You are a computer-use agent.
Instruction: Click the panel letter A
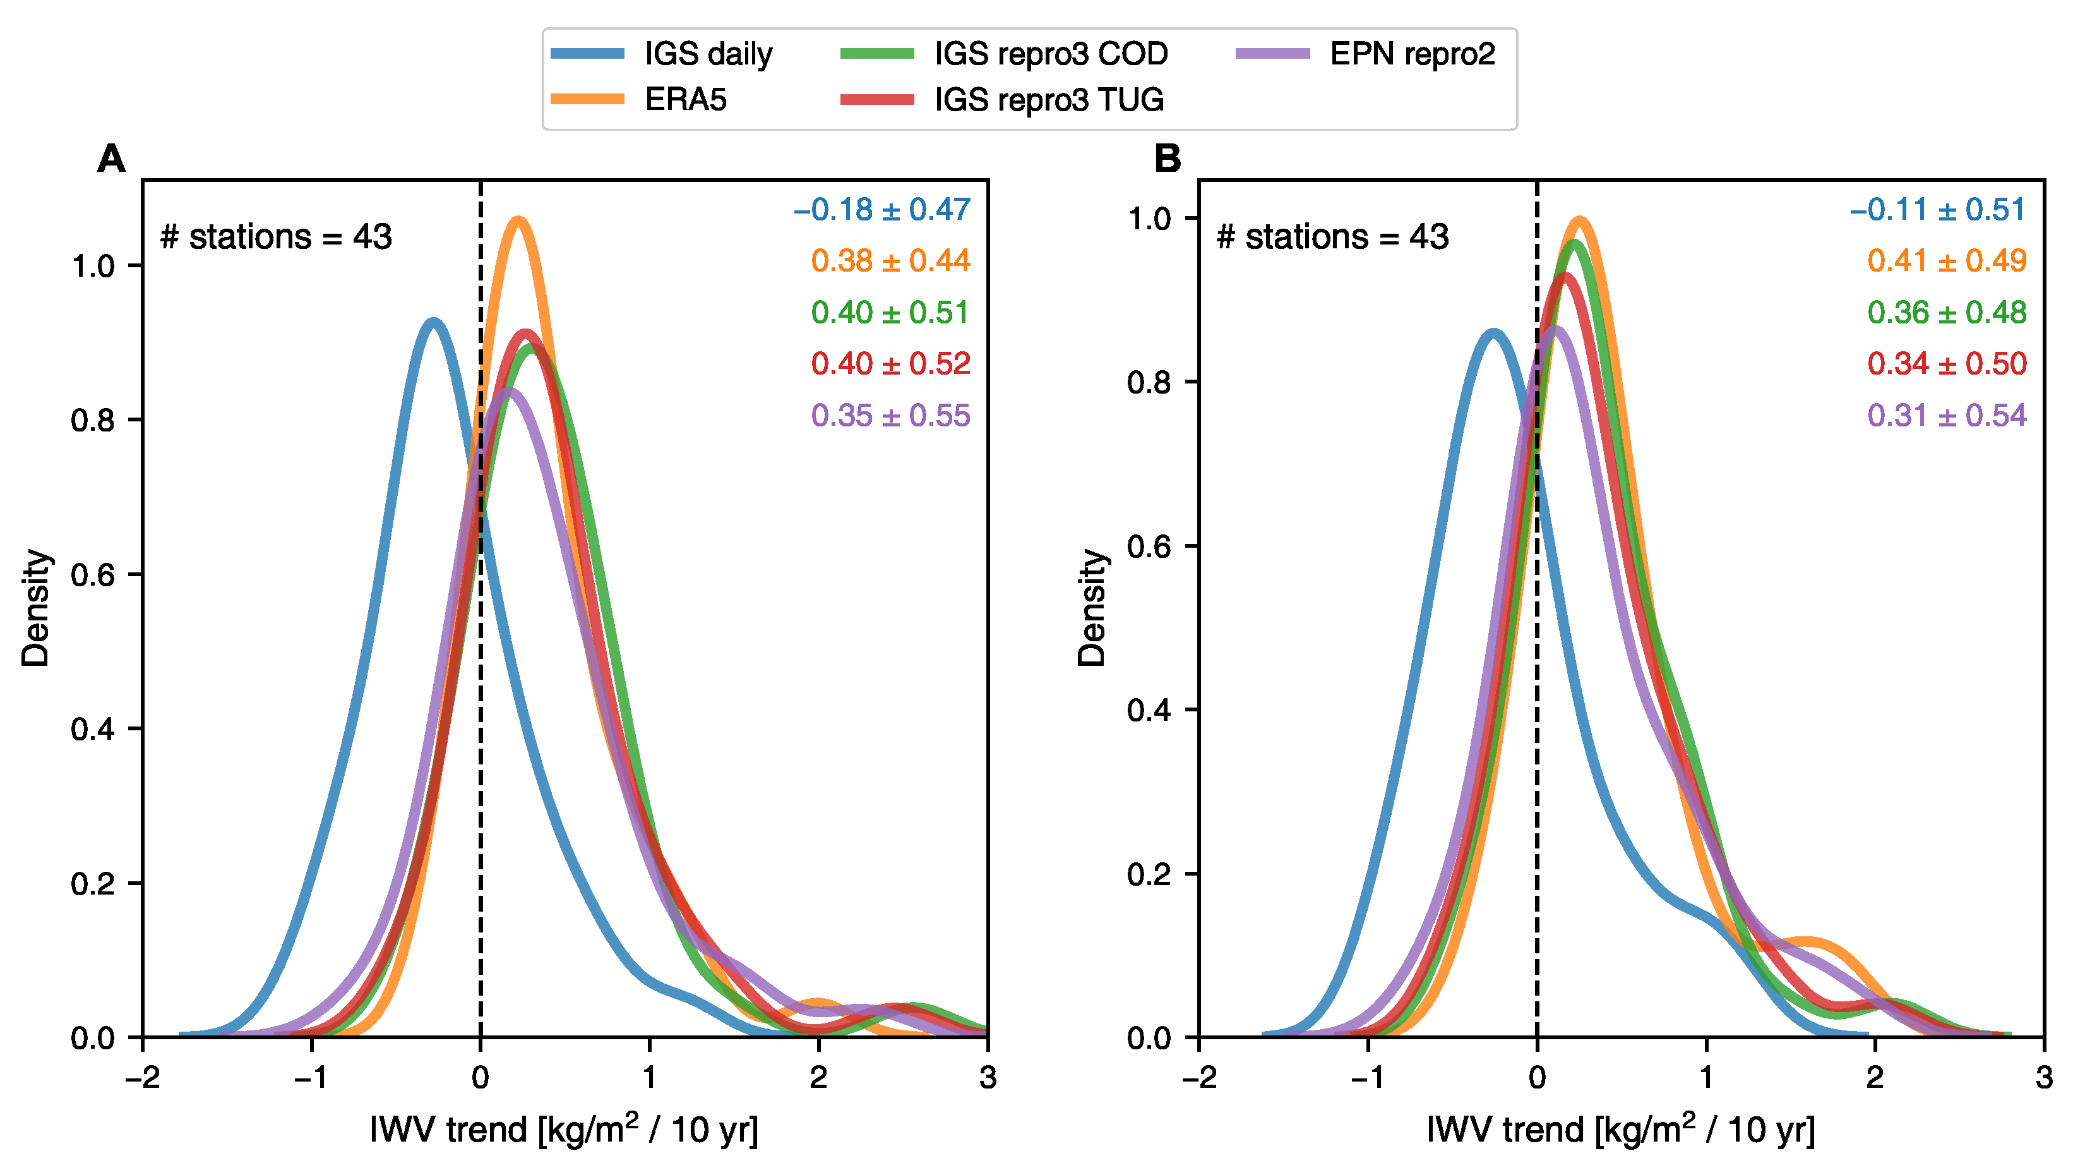(x=112, y=159)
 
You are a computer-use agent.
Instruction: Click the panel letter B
(x=1168, y=159)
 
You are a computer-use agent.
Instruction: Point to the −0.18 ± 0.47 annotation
(x=881, y=210)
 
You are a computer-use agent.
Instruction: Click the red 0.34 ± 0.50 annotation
(x=1945, y=364)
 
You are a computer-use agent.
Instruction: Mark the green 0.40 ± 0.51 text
(x=890, y=313)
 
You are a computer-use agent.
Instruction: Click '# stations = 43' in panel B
(x=1332, y=237)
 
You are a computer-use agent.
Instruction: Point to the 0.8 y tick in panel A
(x=92, y=421)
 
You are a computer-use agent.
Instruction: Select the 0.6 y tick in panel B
(x=1149, y=547)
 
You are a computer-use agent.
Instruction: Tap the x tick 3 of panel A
(x=988, y=1078)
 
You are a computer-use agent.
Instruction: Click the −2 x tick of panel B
(x=1198, y=1078)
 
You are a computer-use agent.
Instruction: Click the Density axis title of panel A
(x=36, y=607)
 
